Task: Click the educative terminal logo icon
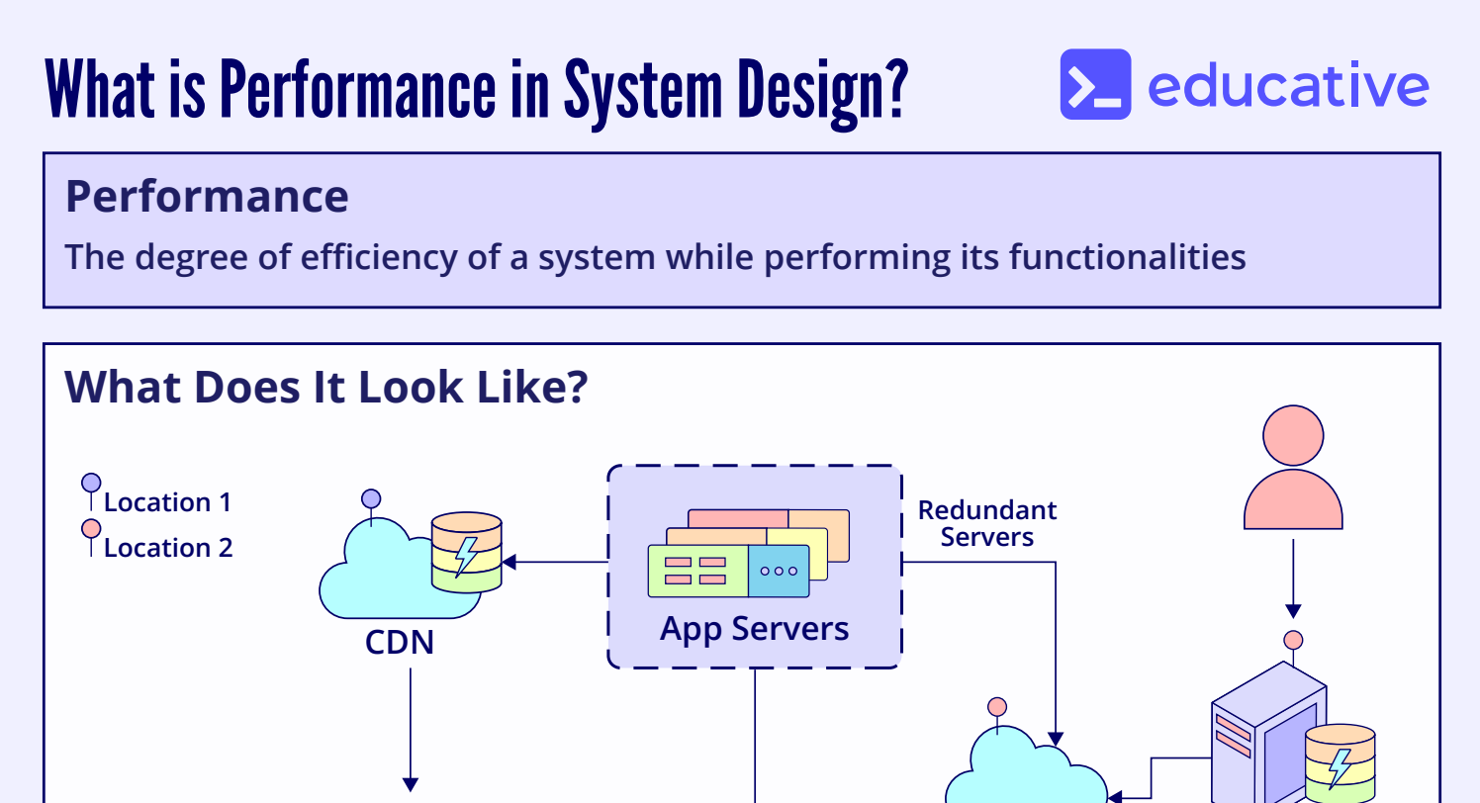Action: (1095, 85)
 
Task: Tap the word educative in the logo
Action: (1288, 86)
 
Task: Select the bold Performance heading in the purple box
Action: (207, 197)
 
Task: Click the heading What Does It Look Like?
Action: (326, 387)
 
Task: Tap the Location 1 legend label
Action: (167, 502)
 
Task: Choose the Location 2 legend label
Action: (168, 548)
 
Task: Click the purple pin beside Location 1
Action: (91, 485)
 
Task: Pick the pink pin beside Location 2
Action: (91, 530)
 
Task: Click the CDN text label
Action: (400, 642)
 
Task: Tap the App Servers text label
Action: (754, 628)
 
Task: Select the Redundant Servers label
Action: (986, 523)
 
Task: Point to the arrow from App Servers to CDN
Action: (555, 563)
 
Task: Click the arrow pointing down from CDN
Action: (409, 732)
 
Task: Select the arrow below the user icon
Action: (1292, 579)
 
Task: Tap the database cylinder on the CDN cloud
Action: (467, 552)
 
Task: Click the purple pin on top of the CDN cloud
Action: (371, 499)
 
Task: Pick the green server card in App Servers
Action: (697, 572)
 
